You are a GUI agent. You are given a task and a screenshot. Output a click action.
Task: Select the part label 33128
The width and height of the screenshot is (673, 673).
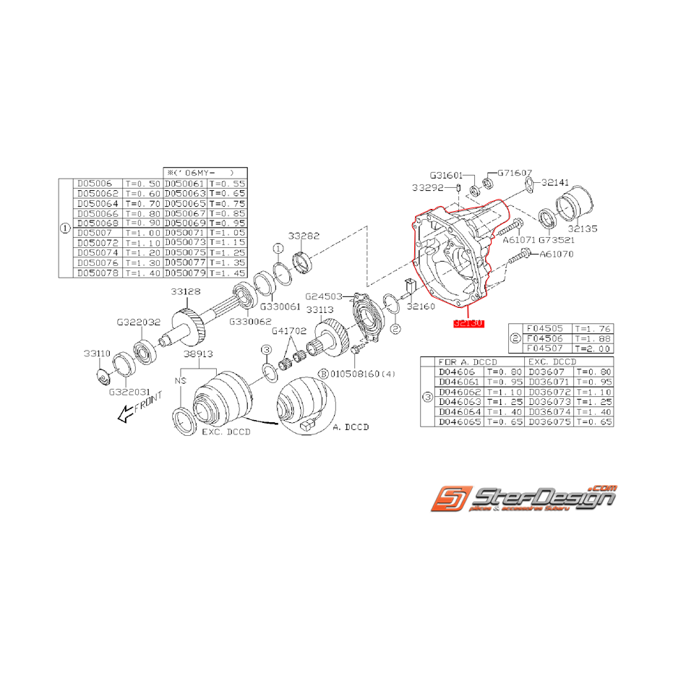186,291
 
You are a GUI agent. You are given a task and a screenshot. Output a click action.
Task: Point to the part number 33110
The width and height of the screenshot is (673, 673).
96,353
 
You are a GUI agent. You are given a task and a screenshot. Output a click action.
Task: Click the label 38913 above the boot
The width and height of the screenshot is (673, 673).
199,356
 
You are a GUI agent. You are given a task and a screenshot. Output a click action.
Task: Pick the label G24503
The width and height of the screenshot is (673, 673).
324,296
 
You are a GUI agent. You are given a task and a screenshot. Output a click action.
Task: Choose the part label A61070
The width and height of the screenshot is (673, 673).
555,254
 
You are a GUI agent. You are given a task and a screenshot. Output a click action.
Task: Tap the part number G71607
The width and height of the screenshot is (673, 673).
515,173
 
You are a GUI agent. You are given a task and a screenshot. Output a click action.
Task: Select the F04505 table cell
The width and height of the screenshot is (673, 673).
546,327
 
